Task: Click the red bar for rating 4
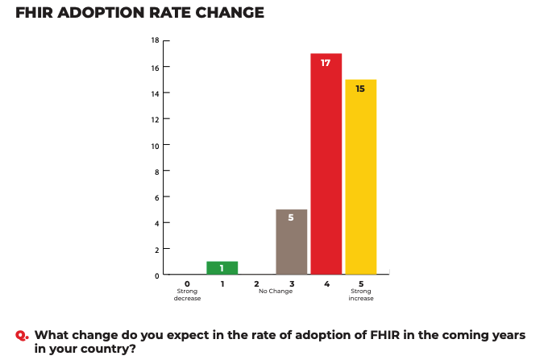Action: pyautogui.click(x=326, y=165)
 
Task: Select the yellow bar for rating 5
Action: pyautogui.click(x=360, y=177)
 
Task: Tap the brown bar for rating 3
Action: pyautogui.click(x=291, y=242)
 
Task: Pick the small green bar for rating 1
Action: pyautogui.click(x=222, y=267)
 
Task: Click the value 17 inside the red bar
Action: pyautogui.click(x=326, y=63)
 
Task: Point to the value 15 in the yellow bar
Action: pyautogui.click(x=360, y=89)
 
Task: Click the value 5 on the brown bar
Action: pyautogui.click(x=291, y=218)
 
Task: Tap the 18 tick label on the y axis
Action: pyautogui.click(x=155, y=40)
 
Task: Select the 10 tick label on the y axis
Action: pyautogui.click(x=155, y=146)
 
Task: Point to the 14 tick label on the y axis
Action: pyautogui.click(x=155, y=93)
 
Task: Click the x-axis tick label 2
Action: pyautogui.click(x=256, y=283)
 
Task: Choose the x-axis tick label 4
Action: pyautogui.click(x=326, y=283)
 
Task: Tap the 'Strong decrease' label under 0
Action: pyautogui.click(x=187, y=295)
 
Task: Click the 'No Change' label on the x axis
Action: pyautogui.click(x=276, y=291)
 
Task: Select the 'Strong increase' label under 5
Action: pyautogui.click(x=360, y=295)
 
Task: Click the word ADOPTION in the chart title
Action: pyautogui.click(x=110, y=14)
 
